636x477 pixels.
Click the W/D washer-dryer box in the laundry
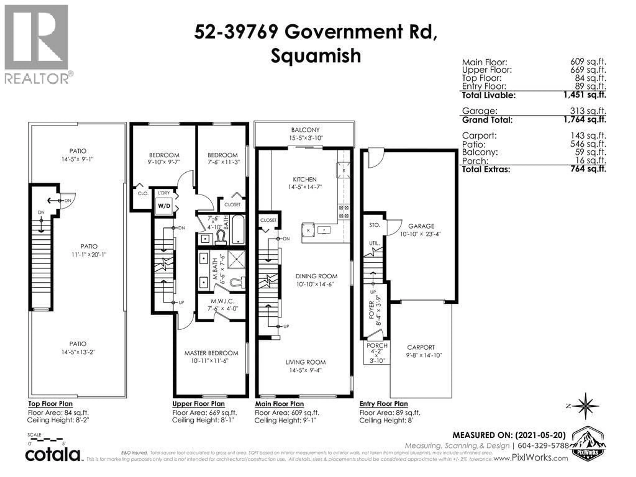pos(164,206)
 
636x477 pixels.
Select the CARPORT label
pos(421,347)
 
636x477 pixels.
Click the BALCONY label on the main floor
pos(305,130)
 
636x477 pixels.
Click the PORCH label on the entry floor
pos(377,345)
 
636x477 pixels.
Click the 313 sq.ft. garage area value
pos(588,111)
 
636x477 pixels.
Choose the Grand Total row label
pos(487,120)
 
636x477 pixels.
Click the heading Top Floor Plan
pos(50,404)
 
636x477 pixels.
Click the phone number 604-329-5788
pos(543,446)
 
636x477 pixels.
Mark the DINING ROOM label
pos(316,276)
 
